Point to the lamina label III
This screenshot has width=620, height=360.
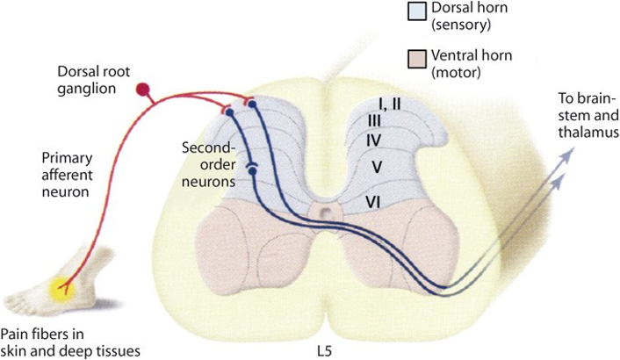tap(374, 120)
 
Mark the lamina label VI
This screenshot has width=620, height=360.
tap(372, 202)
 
